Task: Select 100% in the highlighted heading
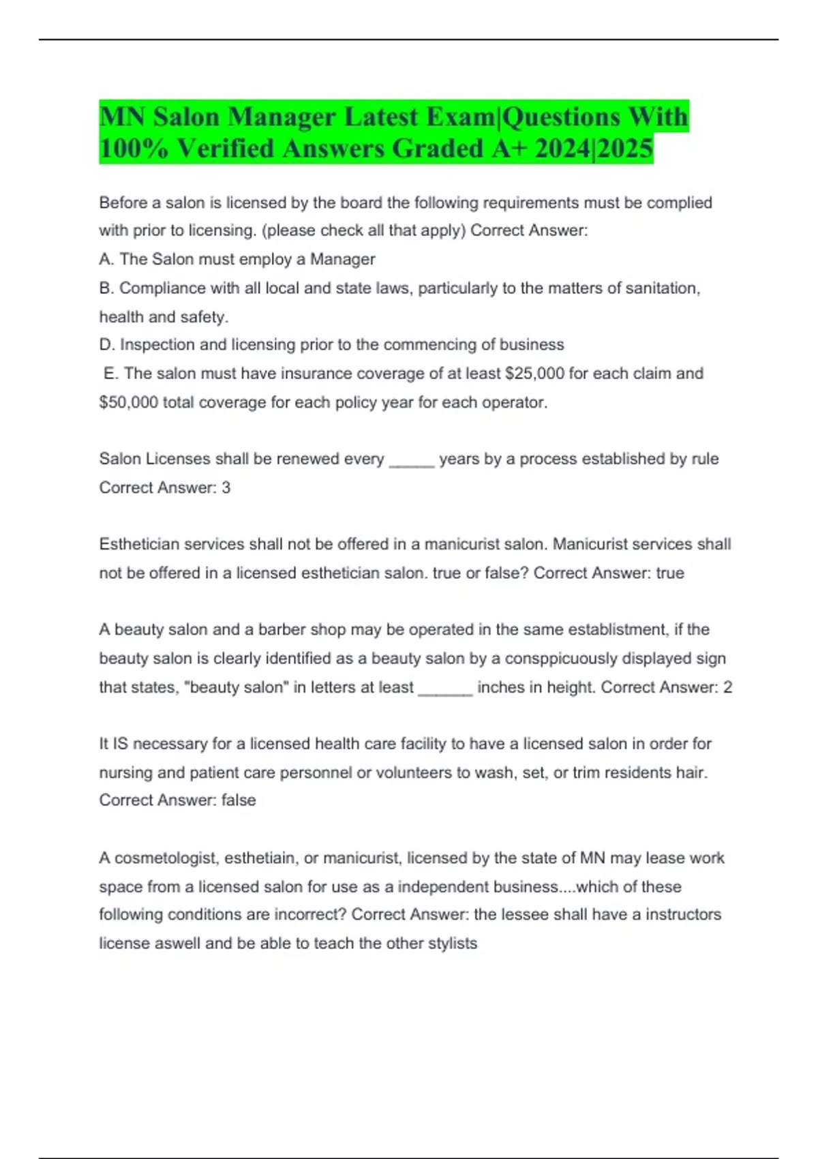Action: [134, 149]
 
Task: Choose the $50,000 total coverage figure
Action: [129, 402]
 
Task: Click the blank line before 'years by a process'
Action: [411, 460]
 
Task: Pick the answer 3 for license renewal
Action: [226, 487]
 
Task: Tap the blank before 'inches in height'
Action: [444, 689]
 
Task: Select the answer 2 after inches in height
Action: [727, 687]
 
